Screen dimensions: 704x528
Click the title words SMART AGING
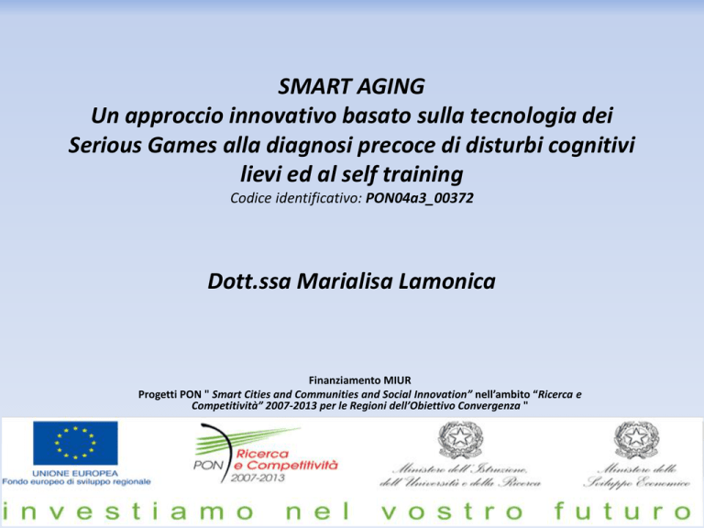[x=351, y=86]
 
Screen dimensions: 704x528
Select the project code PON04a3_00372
[x=419, y=198]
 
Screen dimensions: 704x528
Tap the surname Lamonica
[x=446, y=281]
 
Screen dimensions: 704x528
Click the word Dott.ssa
[x=249, y=281]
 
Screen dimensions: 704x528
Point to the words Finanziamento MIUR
[x=359, y=380]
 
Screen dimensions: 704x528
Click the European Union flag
[x=75, y=443]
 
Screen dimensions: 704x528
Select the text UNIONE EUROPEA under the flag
[x=75, y=473]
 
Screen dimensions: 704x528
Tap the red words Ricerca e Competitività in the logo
[x=286, y=460]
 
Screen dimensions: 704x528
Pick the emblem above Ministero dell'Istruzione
[x=459, y=440]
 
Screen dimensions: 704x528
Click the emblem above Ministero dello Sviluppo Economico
[x=636, y=440]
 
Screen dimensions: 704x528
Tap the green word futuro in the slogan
[x=623, y=511]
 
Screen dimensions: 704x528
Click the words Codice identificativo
[x=296, y=198]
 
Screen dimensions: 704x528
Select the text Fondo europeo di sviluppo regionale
[x=76, y=482]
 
